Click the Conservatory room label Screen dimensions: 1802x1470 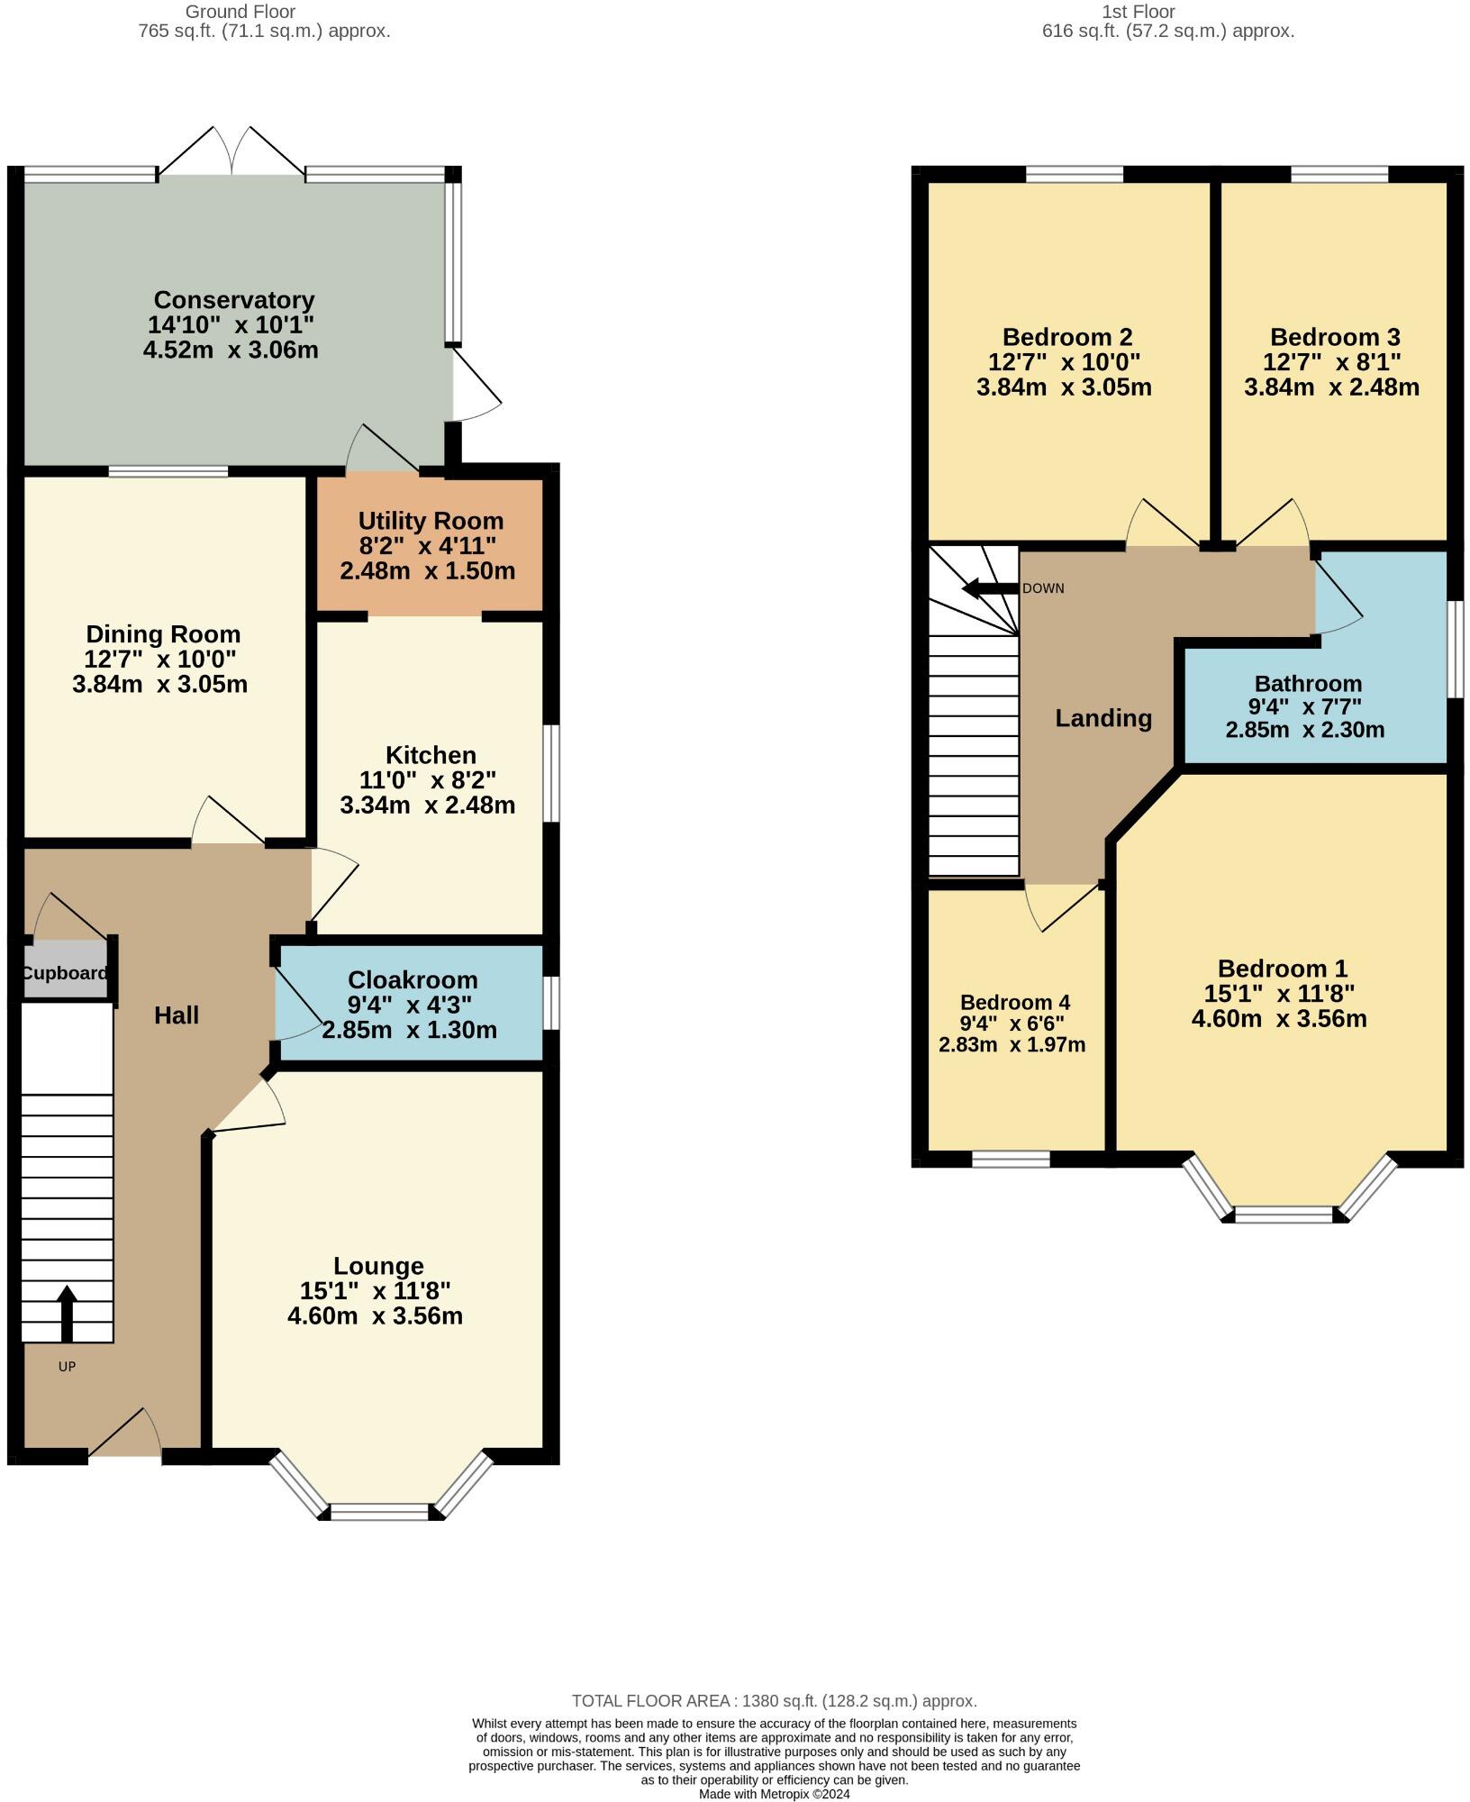[233, 300]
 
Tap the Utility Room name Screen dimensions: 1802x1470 [431, 521]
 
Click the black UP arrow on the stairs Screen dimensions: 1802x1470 [67, 1315]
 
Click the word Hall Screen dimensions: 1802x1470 [177, 1015]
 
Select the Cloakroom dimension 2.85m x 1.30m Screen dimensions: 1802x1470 [409, 1030]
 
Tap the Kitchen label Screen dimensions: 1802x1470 [431, 755]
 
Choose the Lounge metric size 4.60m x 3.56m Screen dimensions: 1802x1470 [375, 1316]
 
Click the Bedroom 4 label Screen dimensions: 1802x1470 [1014, 1003]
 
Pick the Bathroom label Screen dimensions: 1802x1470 [1308, 684]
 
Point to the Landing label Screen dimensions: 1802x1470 [1103, 718]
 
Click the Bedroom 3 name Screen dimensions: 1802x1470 [1335, 337]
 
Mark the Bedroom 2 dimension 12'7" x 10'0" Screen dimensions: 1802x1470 [1064, 362]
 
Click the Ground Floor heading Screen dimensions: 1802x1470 [240, 12]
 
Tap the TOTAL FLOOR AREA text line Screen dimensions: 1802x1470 [774, 1701]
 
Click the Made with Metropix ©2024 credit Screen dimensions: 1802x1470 [774, 1794]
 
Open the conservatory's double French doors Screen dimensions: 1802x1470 [232, 153]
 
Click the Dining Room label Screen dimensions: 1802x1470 [163, 634]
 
